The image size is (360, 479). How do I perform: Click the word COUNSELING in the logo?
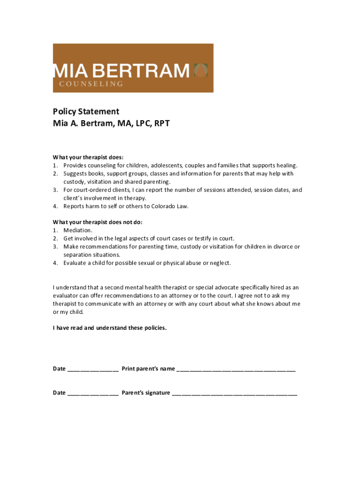click(x=91, y=84)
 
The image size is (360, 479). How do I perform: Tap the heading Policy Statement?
click(x=86, y=111)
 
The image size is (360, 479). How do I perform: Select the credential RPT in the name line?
click(x=161, y=124)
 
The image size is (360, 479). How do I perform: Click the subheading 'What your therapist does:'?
click(x=88, y=157)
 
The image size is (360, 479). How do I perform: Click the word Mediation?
click(x=78, y=230)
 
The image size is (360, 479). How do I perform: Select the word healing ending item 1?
click(x=286, y=165)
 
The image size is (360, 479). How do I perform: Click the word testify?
click(x=198, y=239)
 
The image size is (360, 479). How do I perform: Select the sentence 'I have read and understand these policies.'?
click(x=109, y=328)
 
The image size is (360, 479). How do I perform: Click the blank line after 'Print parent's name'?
click(x=236, y=370)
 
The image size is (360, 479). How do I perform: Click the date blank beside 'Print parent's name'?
click(x=93, y=370)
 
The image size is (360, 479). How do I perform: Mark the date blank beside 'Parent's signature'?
click(x=93, y=394)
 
